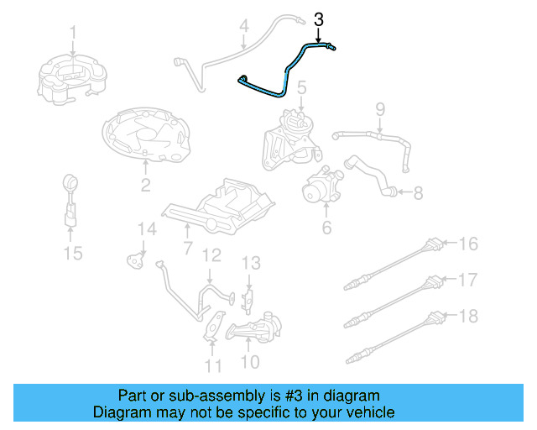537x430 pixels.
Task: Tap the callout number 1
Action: (x=73, y=33)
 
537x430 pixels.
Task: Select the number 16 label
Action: (x=467, y=244)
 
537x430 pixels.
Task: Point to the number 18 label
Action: (x=467, y=316)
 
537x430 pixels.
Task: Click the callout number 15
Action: (x=74, y=252)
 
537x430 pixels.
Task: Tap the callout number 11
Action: (x=214, y=365)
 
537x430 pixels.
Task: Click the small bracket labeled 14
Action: (x=134, y=259)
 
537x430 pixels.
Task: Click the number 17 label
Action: (x=467, y=278)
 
